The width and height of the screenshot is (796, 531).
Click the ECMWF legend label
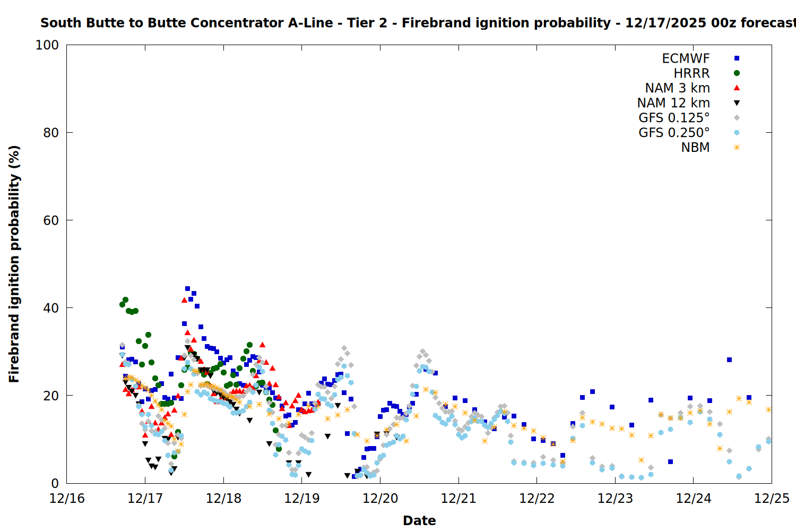coord(686,58)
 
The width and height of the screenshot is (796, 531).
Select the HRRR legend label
coord(691,73)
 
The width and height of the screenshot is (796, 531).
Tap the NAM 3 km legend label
coord(677,88)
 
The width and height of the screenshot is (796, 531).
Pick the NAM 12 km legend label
coord(673,103)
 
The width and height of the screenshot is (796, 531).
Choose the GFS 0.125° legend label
coord(674,118)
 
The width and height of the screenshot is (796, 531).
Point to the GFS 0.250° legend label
coord(674,133)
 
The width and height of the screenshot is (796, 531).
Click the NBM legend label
coord(695,148)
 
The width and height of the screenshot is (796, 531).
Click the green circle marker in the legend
coord(737,73)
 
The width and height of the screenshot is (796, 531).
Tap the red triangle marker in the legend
coord(737,88)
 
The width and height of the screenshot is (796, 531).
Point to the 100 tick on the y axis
coord(47,45)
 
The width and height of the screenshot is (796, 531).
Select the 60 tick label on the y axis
coord(51,220)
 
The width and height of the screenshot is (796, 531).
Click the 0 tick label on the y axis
coord(55,483)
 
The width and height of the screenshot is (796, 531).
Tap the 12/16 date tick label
coord(67,499)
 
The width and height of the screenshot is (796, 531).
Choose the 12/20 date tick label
coord(380,499)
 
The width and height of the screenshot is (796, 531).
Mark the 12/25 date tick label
coord(772,499)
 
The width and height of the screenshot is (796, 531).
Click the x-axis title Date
coord(419,520)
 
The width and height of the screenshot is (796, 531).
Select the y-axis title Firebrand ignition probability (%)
coord(14,264)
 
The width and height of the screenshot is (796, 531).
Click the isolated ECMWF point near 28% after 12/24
coord(729,360)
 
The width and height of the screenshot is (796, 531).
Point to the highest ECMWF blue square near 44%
coord(187,289)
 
